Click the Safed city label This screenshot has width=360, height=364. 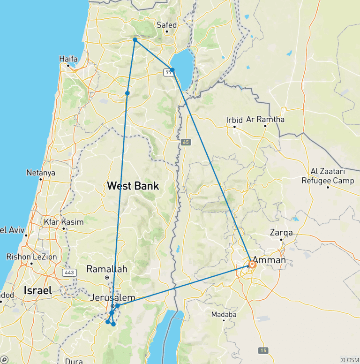tap(167, 25)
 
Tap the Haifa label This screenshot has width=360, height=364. tap(68, 59)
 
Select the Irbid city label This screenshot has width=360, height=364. tap(234, 120)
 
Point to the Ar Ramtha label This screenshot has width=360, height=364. tap(265, 119)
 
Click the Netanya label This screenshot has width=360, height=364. tap(41, 173)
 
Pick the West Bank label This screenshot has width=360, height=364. tap(133, 186)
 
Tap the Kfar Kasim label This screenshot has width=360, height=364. tap(63, 222)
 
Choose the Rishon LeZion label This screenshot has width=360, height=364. tap(31, 257)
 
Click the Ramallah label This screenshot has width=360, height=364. tap(107, 269)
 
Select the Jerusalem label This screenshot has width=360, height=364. tap(112, 298)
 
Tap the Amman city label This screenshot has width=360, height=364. tap(269, 259)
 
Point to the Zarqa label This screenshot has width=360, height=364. tap(281, 233)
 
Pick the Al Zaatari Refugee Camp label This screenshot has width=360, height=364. tap(328, 176)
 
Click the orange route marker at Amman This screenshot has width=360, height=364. tap(252, 265)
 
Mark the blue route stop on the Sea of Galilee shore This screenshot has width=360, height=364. tap(172, 70)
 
